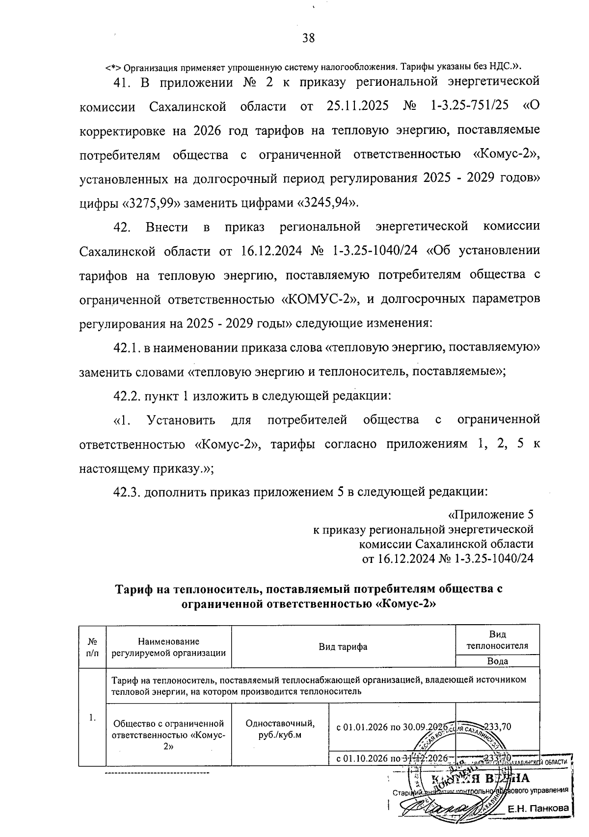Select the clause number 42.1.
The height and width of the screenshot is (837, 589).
pyautogui.click(x=126, y=348)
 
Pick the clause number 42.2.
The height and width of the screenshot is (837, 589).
pyautogui.click(x=126, y=395)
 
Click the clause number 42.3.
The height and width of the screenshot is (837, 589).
pyautogui.click(x=126, y=492)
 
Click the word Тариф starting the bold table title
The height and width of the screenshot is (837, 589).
pyautogui.click(x=134, y=589)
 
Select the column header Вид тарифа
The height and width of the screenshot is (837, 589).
pyautogui.click(x=343, y=647)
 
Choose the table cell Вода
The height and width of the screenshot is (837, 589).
pyautogui.click(x=497, y=661)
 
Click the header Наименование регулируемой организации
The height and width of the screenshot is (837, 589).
pyautogui.click(x=168, y=647)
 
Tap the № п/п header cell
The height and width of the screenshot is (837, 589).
pyautogui.click(x=92, y=647)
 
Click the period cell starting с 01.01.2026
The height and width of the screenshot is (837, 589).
pyautogui.click(x=392, y=727)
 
